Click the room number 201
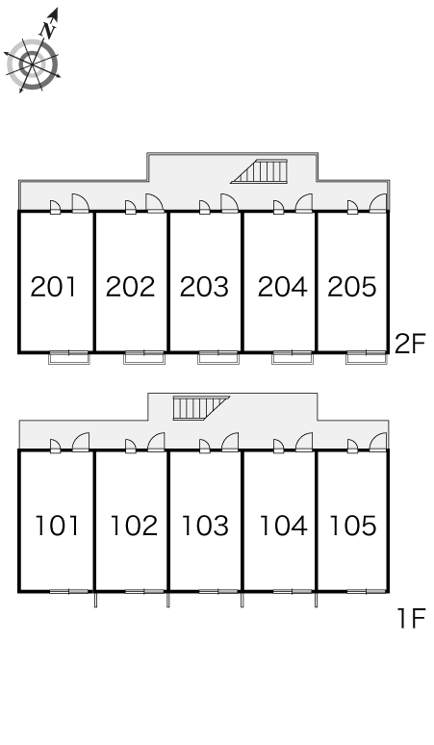pyautogui.click(x=53, y=287)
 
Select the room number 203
pyautogui.click(x=204, y=287)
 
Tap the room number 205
pyautogui.click(x=352, y=287)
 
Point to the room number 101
pyautogui.click(x=57, y=526)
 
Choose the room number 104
pyautogui.click(x=284, y=526)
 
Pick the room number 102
pyautogui.click(x=134, y=526)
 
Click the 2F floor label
pyautogui.click(x=410, y=344)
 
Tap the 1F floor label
pyautogui.click(x=411, y=619)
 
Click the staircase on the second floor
pyautogui.click(x=259, y=171)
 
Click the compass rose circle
pyautogui.click(x=32, y=65)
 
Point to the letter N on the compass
pyautogui.click(x=49, y=30)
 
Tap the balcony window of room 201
pyautogui.click(x=69, y=357)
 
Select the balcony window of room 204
pyautogui.click(x=292, y=357)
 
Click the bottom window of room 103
pyautogui.click(x=218, y=592)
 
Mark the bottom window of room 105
pyautogui.click(x=366, y=592)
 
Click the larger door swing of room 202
pyautogui.click(x=155, y=203)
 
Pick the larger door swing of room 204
pyautogui.click(x=304, y=203)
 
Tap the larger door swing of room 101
pyautogui.click(x=81, y=442)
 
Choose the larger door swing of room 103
pyautogui.click(x=230, y=442)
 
